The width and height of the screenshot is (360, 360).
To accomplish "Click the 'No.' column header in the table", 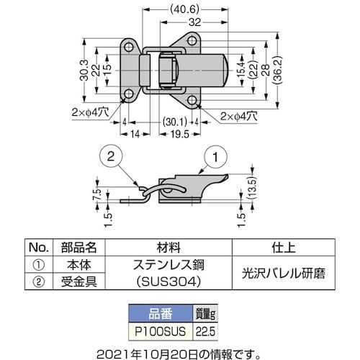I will (x=37, y=246).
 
